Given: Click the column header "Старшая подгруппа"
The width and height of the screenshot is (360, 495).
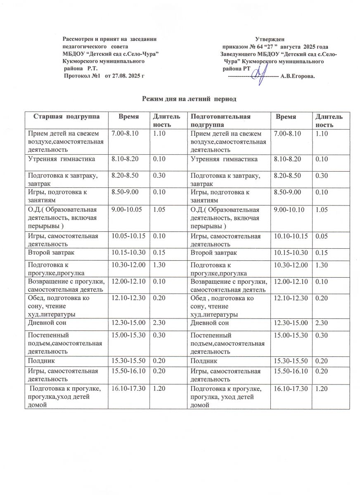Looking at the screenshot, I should pos(66,117).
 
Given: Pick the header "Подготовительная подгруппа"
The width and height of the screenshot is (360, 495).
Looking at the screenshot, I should pos(220,120).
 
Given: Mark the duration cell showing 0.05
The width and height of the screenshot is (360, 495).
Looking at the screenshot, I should pos(322,236).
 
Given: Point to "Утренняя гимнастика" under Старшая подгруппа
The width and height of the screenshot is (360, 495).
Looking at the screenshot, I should pos(61,159).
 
